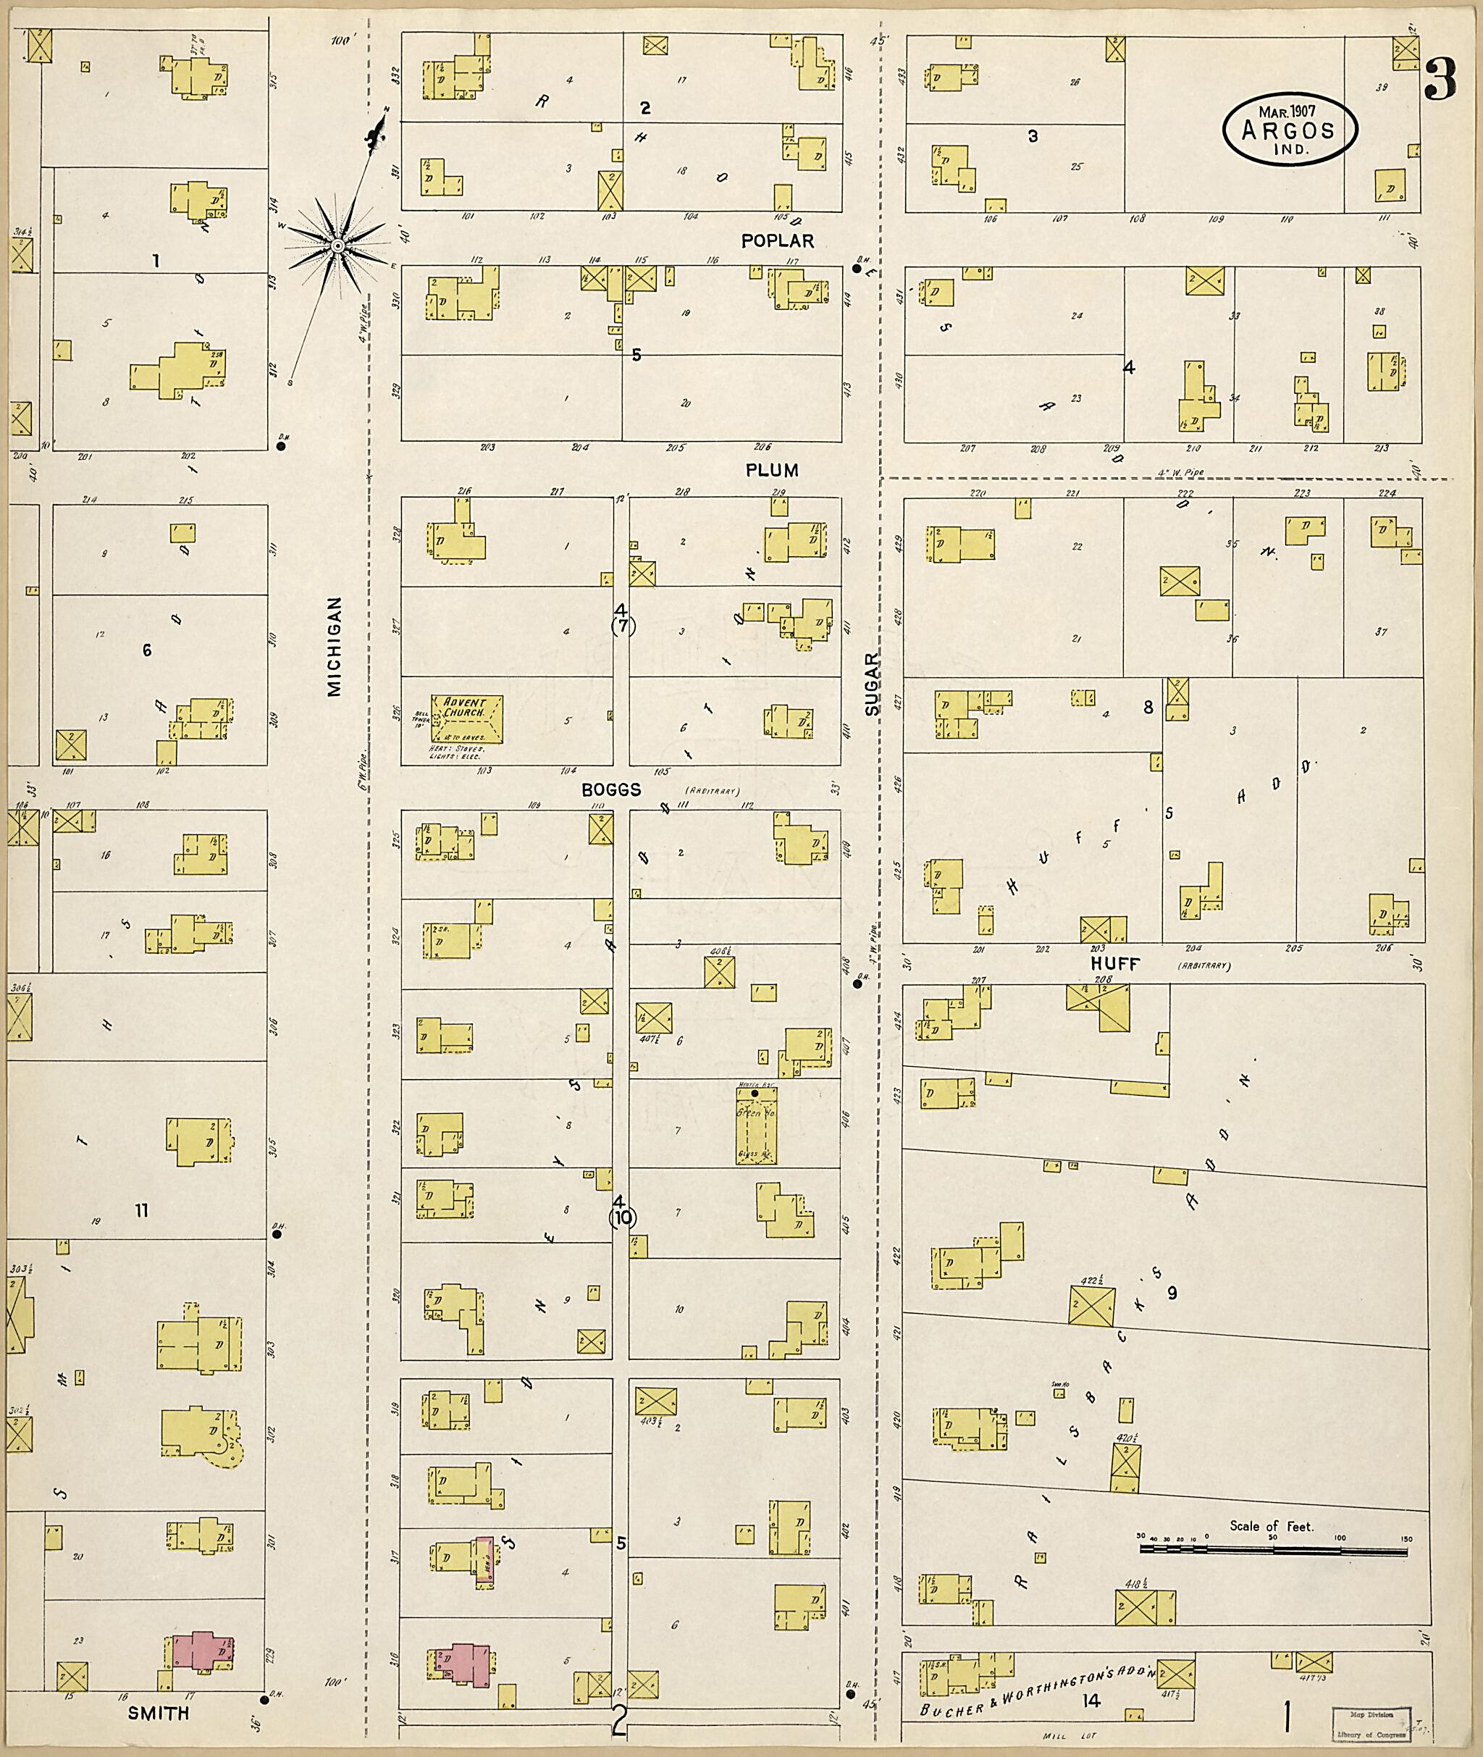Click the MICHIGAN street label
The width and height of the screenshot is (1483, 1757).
coord(335,647)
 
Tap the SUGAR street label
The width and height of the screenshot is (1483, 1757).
coord(872,684)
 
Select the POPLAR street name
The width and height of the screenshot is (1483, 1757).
coord(777,241)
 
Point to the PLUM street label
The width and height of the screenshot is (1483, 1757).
coord(771,470)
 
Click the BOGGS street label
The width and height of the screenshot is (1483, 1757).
coord(611,789)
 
